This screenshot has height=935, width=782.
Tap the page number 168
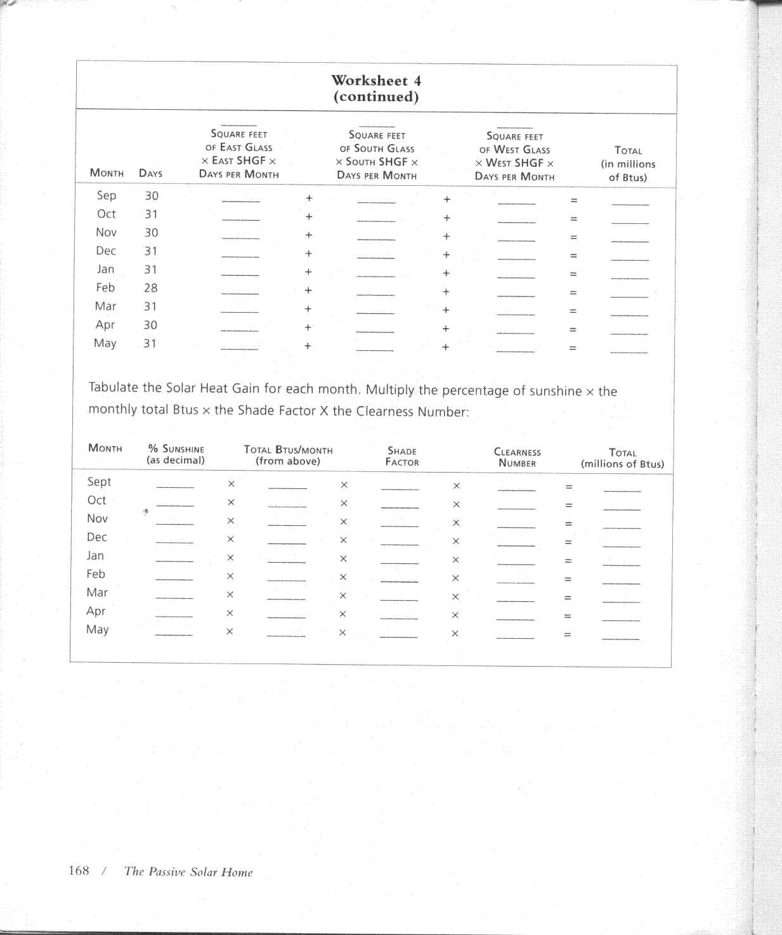(x=79, y=870)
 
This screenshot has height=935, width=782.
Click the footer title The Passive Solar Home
(x=188, y=872)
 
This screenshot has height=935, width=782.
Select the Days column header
(x=150, y=173)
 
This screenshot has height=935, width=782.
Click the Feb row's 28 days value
(x=150, y=288)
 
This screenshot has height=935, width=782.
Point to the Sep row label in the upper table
(x=106, y=195)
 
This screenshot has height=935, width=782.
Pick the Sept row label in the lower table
(x=99, y=481)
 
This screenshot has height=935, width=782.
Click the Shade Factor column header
(x=402, y=456)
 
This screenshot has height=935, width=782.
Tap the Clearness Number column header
(x=517, y=457)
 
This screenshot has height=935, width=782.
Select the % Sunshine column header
(x=176, y=454)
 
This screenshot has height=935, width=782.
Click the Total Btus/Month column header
(x=288, y=455)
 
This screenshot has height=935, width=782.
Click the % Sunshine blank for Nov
(x=174, y=522)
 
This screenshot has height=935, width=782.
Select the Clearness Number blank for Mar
(x=516, y=598)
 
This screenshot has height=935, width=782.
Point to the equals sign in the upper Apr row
(x=573, y=330)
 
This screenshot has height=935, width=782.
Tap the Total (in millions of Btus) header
(x=628, y=164)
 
